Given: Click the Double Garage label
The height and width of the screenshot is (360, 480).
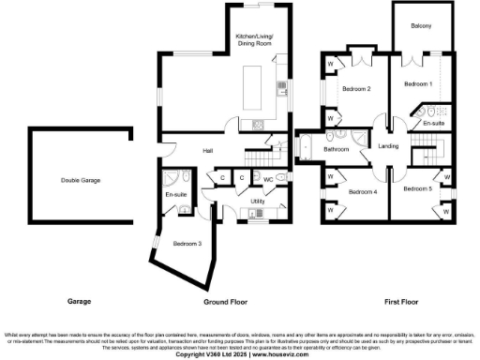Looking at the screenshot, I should (x=81, y=180).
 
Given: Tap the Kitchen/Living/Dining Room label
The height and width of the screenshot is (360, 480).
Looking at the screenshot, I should (x=254, y=40).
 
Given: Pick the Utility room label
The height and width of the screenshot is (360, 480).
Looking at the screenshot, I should (x=257, y=202).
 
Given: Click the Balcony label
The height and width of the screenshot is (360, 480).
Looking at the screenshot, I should (x=421, y=25).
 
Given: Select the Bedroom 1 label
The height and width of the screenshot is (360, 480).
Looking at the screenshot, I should (x=418, y=84).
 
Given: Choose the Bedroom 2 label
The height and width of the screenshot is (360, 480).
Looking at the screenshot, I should (x=356, y=89).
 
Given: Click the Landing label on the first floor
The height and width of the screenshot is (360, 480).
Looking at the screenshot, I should (x=388, y=145).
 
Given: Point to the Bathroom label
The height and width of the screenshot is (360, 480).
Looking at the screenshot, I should (x=337, y=149).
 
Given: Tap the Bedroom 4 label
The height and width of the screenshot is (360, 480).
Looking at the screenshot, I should (x=363, y=191).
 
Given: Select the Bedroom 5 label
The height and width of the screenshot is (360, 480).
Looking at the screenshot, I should (x=418, y=188).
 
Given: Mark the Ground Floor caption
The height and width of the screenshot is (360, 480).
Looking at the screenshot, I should (x=225, y=302).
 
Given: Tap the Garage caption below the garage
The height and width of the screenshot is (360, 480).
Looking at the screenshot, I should (x=79, y=302).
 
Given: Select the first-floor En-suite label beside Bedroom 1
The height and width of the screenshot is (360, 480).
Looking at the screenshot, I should (x=433, y=123).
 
